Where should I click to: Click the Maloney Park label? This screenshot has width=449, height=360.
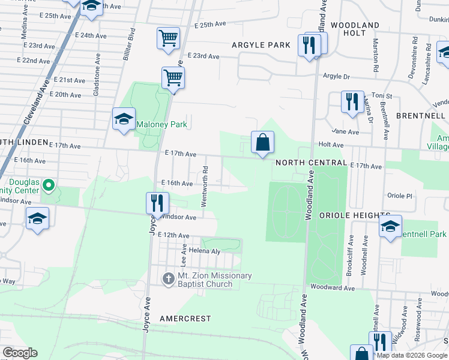coord(161,125)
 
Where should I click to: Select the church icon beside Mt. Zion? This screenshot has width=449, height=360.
coord(169,278)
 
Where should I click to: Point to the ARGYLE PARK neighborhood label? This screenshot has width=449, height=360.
coord(261,45)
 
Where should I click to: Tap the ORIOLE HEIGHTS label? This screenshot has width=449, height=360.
coord(355,215)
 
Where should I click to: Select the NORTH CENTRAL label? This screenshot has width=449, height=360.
coord(311,163)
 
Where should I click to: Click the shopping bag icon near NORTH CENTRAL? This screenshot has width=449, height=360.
coord(262,143)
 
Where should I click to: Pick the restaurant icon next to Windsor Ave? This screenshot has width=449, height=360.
coord(155,203)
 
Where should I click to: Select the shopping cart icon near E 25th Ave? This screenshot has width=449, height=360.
coord(168,38)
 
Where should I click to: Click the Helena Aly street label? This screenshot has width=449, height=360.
coord(206,251)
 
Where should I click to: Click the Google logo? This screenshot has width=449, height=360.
coord(20,353)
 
